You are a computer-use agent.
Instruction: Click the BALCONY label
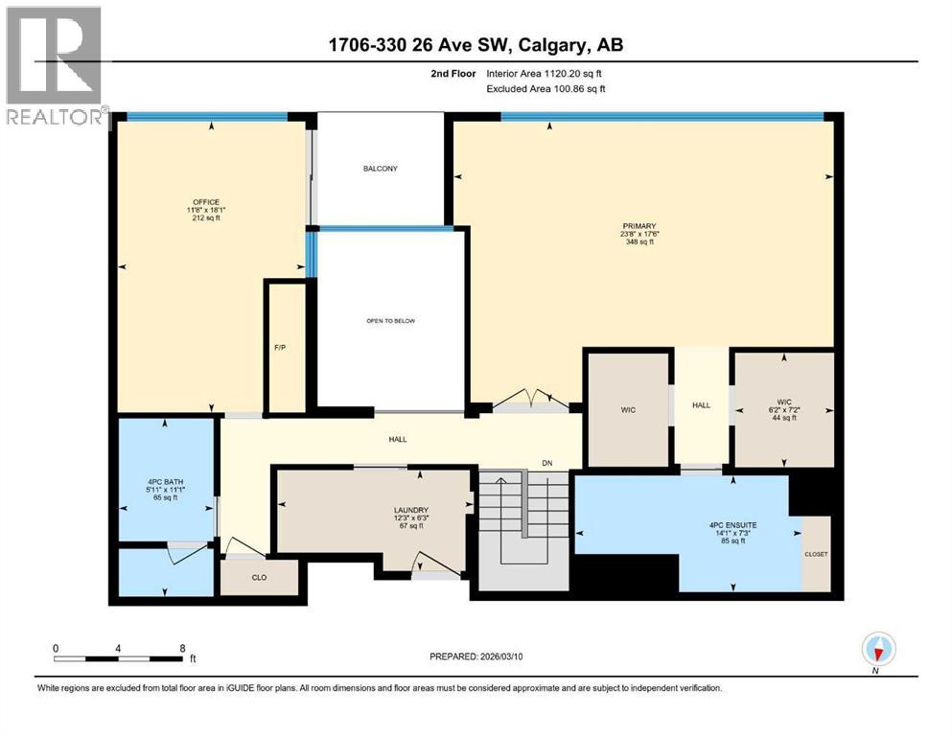point(380,169)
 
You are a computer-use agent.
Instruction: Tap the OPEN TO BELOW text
point(391,321)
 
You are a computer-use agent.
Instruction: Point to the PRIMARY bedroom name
point(638,226)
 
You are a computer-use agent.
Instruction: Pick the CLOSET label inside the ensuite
point(816,554)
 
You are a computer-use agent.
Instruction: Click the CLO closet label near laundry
point(258,578)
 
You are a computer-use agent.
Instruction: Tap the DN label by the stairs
point(547,463)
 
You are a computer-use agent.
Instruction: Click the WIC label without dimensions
point(628,409)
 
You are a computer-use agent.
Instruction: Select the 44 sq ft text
point(783,419)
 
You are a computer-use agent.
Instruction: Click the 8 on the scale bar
point(182,648)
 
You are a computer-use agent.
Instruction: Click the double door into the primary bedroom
point(529,401)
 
